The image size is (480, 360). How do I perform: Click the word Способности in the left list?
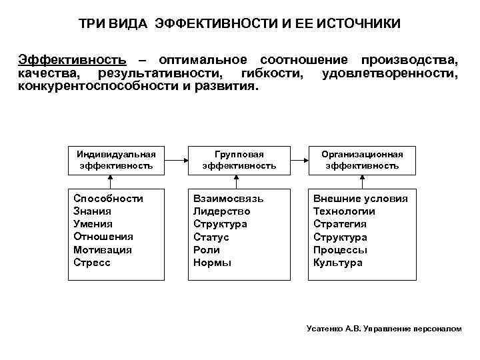point(108,199)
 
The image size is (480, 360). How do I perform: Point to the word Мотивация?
point(103,250)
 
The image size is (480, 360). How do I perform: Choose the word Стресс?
point(92,263)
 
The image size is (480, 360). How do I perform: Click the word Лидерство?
point(222,211)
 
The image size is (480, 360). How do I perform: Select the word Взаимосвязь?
point(229,199)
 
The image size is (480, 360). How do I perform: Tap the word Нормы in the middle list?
point(213,263)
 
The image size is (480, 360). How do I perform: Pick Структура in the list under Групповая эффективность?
point(220,224)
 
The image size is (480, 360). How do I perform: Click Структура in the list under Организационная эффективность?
point(340,237)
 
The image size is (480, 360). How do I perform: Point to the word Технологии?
point(344,211)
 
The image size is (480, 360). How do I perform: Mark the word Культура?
point(338,263)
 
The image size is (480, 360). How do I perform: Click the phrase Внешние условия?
point(361,199)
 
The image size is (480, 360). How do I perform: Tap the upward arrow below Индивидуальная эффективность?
point(117,180)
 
